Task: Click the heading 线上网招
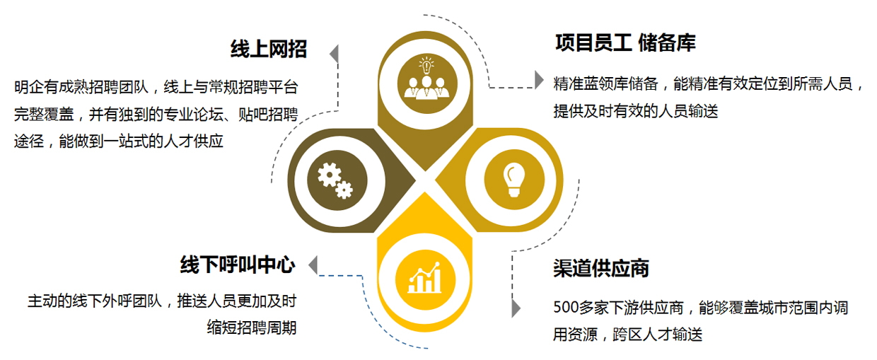(268, 49)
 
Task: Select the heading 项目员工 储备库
(625, 43)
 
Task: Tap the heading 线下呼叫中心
(238, 265)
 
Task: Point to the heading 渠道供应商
(601, 268)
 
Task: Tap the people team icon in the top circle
(424, 79)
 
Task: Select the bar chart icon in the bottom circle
(424, 277)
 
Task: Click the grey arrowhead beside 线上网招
(333, 53)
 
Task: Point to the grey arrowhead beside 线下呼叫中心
(312, 265)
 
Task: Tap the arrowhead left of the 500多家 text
(516, 308)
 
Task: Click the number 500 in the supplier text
(566, 308)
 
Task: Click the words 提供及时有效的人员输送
(636, 111)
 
